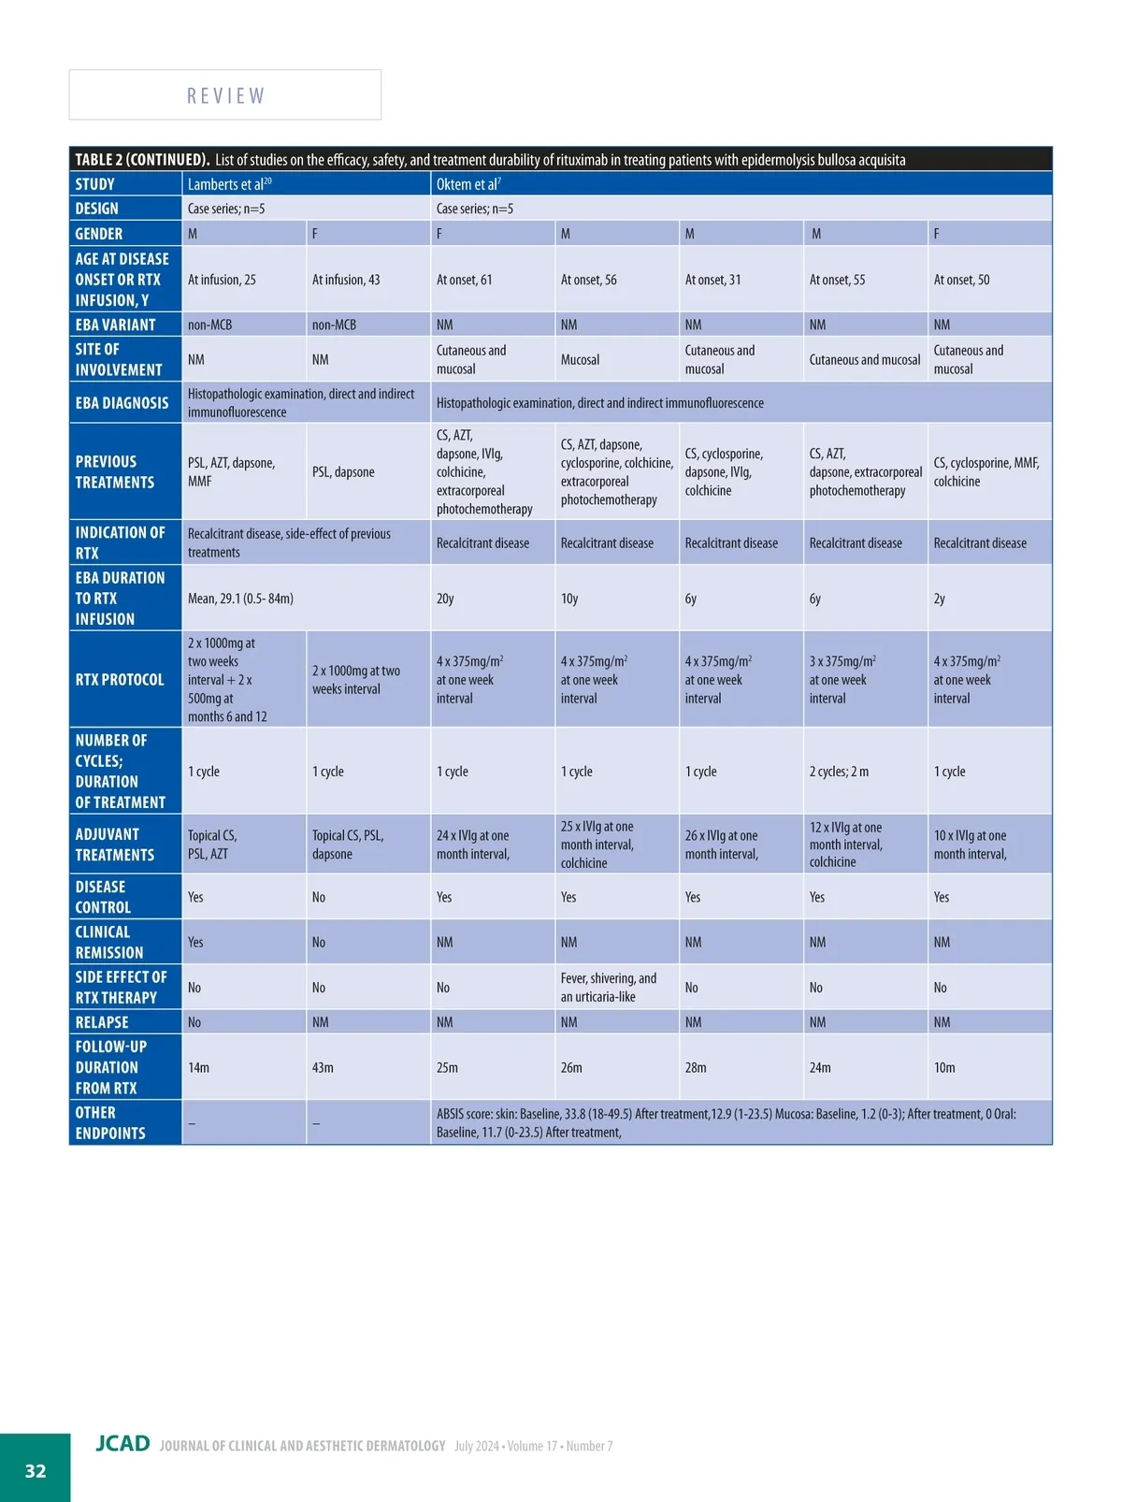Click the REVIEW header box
coord(225,95)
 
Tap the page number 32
coord(36,1470)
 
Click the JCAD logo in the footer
coord(122,1443)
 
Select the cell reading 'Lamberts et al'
coord(229,184)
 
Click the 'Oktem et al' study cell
coord(468,184)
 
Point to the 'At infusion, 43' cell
coord(346,280)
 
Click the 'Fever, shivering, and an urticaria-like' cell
coord(609,988)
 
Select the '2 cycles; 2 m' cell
coord(839,772)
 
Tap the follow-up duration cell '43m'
coord(323,1067)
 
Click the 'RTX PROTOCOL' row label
coord(120,680)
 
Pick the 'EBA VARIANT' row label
coord(115,325)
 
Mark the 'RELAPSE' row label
coord(102,1022)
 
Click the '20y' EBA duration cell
coord(445,599)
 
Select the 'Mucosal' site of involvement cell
coord(580,360)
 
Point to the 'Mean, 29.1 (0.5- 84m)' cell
coord(240,599)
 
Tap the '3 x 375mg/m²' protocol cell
coord(842,679)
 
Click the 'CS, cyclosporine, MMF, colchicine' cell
coord(986,472)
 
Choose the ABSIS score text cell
coord(726,1122)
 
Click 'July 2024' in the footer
coord(477,1446)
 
